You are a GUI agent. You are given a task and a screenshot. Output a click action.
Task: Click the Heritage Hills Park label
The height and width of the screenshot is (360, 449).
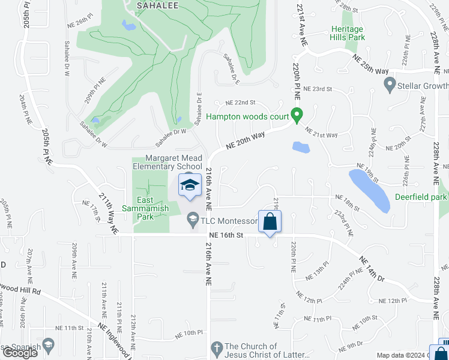[x=348, y=33]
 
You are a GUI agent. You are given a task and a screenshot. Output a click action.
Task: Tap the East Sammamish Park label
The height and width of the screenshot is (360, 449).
[x=145, y=204]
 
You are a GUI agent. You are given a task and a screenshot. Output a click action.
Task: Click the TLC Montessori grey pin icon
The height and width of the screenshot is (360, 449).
[x=193, y=220]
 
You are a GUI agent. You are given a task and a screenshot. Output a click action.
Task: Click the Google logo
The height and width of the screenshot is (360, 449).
[x=20, y=353]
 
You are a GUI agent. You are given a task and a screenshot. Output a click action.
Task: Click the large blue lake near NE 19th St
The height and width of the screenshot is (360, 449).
[x=369, y=190]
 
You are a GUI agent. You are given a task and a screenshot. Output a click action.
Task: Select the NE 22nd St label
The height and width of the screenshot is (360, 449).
[x=240, y=103]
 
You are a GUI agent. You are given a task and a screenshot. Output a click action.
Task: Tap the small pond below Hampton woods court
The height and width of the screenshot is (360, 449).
[x=301, y=147]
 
